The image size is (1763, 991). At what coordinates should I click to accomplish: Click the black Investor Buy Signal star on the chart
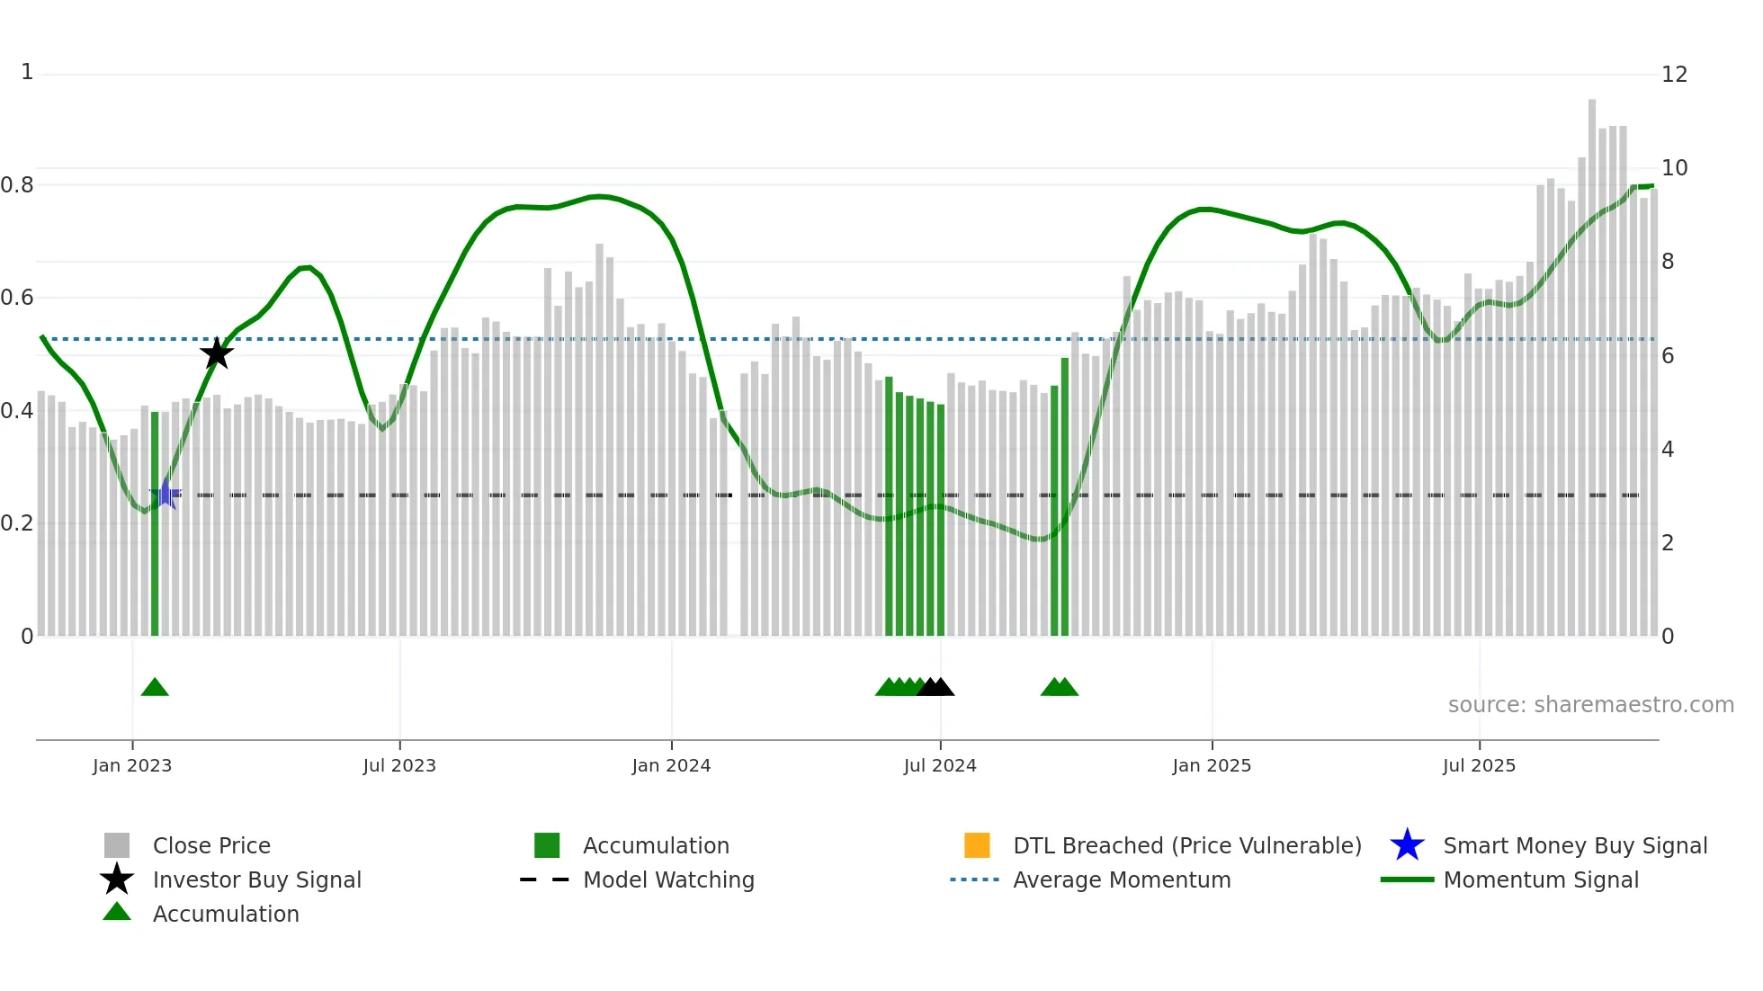216,353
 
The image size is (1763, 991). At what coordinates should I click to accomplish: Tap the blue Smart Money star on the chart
166,494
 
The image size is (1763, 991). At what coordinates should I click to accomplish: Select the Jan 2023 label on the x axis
132,765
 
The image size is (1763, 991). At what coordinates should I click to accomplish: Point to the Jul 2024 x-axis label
940,765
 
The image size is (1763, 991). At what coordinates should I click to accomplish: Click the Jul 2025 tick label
1479,765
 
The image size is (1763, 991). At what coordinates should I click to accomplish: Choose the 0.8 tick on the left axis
17,185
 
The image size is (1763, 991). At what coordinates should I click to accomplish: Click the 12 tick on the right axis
1674,75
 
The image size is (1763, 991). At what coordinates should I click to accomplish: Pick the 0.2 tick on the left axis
17,523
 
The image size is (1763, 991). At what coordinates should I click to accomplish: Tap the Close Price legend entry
211,845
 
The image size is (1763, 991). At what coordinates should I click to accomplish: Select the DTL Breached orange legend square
977,845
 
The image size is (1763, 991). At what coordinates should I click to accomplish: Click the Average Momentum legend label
1122,879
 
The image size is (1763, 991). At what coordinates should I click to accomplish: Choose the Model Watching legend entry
668,879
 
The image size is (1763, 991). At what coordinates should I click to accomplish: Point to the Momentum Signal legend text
1541,879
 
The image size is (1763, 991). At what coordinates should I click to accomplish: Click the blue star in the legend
1407,845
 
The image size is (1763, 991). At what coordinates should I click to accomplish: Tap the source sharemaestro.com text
1590,705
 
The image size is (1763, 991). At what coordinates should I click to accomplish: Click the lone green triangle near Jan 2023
155,688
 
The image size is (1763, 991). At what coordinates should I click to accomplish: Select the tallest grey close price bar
1592,360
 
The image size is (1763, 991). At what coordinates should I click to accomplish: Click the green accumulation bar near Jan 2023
155,522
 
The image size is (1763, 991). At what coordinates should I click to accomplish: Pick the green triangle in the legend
117,912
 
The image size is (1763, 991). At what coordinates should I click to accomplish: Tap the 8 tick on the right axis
1668,262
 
